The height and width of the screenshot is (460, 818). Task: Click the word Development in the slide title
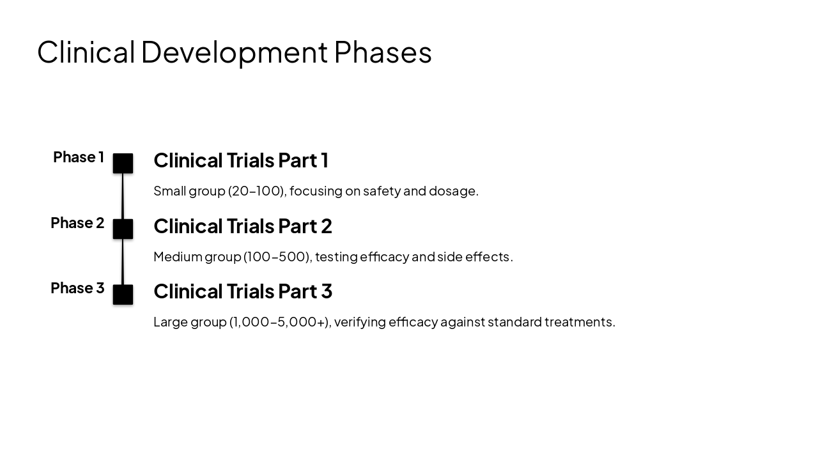(x=234, y=52)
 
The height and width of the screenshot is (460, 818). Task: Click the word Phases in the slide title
(x=382, y=52)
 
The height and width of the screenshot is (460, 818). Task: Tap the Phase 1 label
(x=78, y=157)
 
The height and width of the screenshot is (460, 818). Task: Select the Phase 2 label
(x=77, y=223)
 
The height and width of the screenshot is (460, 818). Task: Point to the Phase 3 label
(x=77, y=288)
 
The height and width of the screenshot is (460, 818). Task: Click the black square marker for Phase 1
(x=123, y=164)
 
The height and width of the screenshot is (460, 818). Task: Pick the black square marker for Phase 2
(x=123, y=229)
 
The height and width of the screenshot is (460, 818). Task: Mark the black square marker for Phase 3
(x=123, y=295)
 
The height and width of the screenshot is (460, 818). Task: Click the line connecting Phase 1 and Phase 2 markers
(x=123, y=196)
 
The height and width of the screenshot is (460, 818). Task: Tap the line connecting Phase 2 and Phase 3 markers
(x=123, y=262)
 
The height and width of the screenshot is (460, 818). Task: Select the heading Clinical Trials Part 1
(x=241, y=160)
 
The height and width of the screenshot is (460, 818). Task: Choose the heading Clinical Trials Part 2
(x=243, y=226)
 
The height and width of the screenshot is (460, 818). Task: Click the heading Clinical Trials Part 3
(x=243, y=291)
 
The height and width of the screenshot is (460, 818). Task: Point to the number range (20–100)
(x=256, y=191)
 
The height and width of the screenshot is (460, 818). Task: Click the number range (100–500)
(x=277, y=257)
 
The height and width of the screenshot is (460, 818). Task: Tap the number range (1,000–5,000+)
(x=279, y=322)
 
